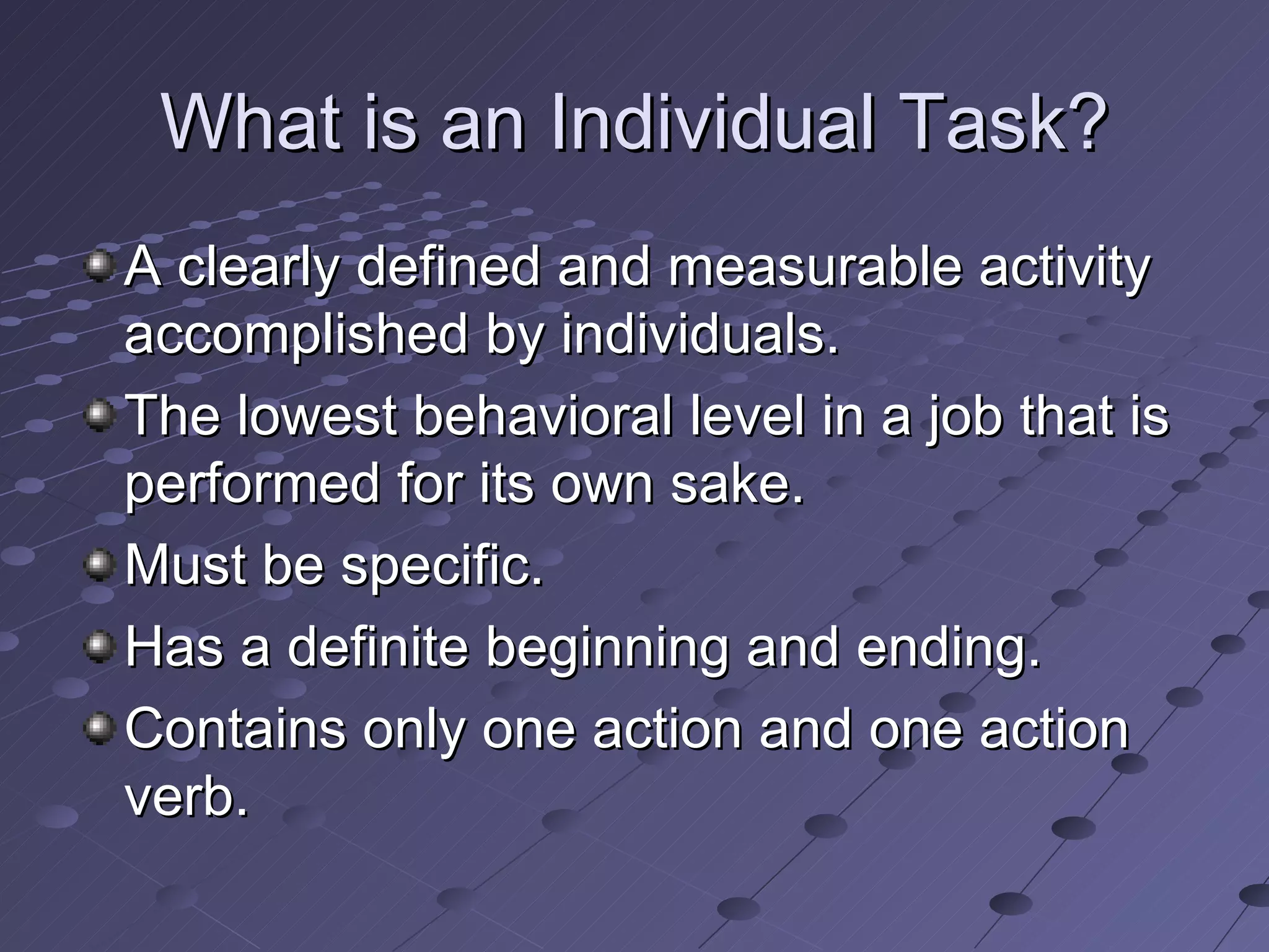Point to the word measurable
(815, 267)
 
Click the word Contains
(235, 729)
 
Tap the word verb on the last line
(186, 797)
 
